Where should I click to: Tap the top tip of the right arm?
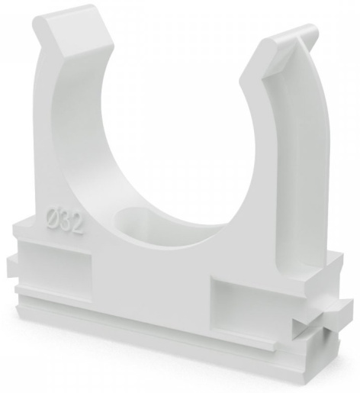311,26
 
